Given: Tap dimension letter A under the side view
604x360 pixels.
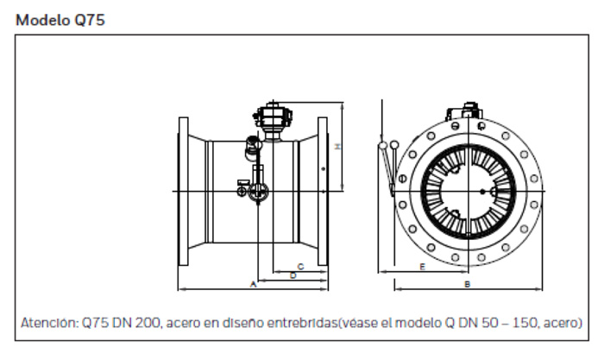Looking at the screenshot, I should coord(253,283).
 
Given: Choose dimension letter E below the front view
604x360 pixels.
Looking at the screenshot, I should coord(422,268).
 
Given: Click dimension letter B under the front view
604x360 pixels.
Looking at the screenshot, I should coord(466,283).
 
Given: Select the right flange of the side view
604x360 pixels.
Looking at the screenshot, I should coord(323,191).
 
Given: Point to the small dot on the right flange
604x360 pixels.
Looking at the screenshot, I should coord(324,169).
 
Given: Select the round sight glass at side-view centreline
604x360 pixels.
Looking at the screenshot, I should coord(256,195).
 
